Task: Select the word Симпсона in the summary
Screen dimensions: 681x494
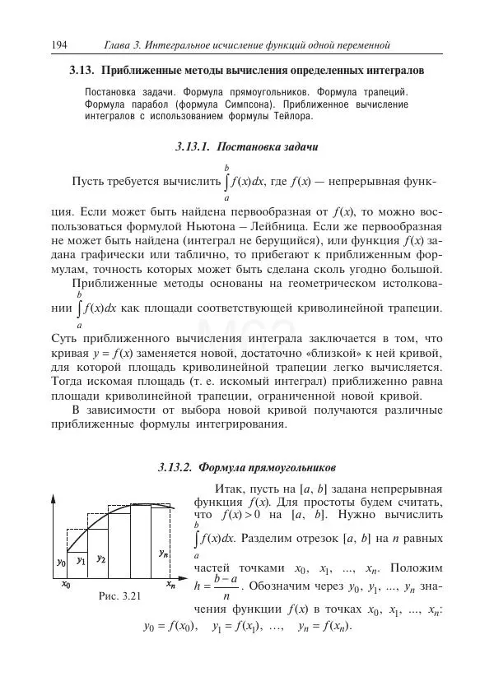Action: (x=249, y=105)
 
